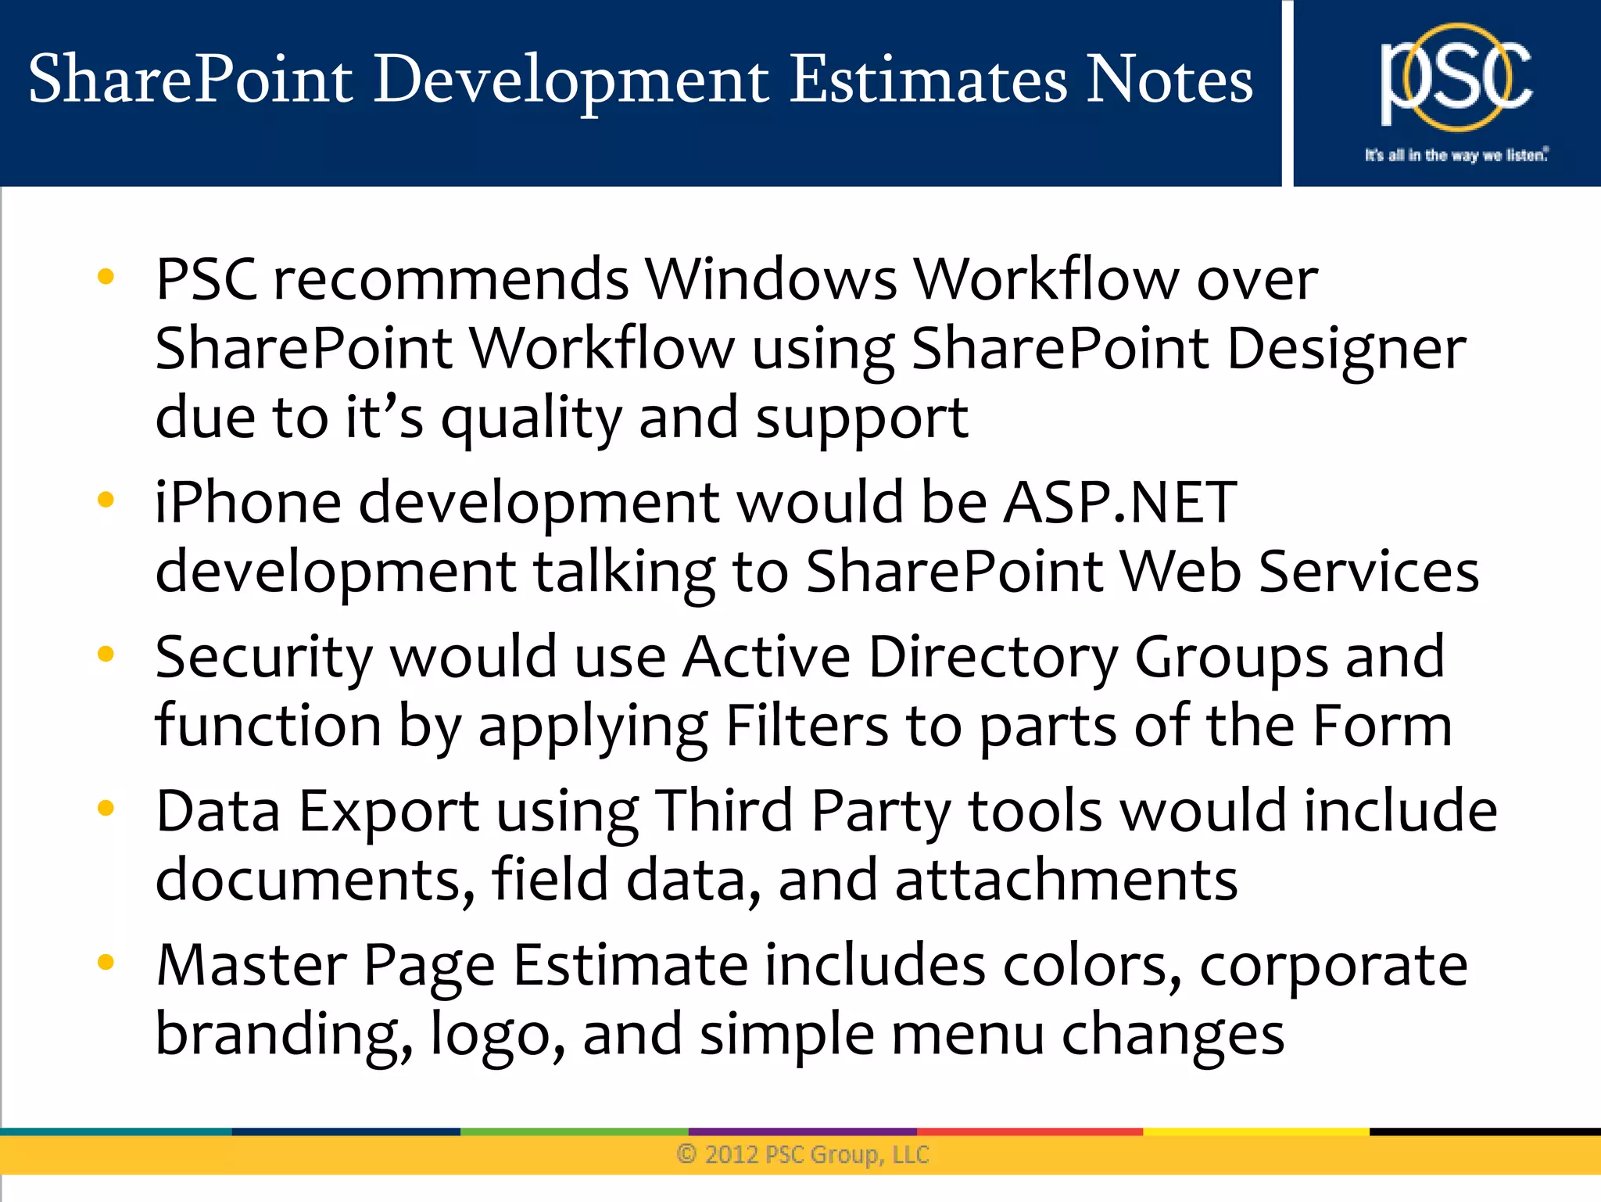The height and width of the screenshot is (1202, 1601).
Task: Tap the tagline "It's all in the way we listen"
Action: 1456,155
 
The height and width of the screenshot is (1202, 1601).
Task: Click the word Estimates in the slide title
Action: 928,80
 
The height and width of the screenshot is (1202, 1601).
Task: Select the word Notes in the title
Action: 1169,80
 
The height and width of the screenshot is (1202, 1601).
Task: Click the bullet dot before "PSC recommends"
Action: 106,276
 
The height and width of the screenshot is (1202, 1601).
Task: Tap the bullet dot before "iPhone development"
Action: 106,499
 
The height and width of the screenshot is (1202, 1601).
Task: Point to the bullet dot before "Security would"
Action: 106,653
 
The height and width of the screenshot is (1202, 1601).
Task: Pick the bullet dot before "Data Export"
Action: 106,808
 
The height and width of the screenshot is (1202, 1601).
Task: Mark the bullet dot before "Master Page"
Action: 106,962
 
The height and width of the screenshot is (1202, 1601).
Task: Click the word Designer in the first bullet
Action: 1345,350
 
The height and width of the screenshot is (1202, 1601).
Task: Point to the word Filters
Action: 807,727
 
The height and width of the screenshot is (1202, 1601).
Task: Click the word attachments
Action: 1066,880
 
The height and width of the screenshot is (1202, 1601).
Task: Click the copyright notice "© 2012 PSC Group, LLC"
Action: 803,1154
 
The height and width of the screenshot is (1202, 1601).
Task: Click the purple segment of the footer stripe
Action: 802,1132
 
